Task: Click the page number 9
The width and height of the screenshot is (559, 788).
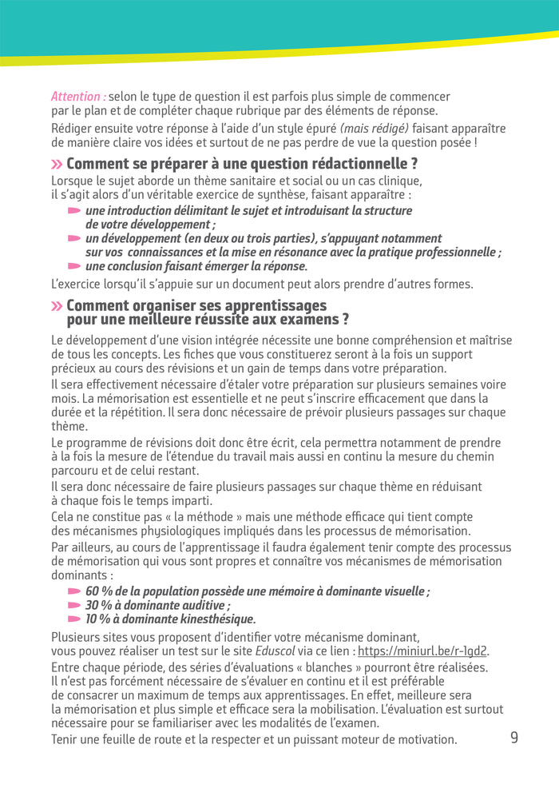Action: coord(514,738)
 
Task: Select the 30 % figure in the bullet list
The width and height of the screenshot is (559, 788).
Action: coord(99,606)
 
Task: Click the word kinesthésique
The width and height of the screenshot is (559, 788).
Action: coord(215,619)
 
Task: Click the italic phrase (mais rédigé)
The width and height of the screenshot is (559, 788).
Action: coord(375,129)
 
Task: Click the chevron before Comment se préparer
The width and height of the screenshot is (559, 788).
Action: coord(57,165)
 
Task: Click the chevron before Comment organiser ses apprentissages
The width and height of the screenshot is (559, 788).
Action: coord(57,306)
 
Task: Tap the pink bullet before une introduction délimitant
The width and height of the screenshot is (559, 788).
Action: coord(74,211)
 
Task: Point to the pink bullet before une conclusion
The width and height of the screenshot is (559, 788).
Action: coord(74,266)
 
